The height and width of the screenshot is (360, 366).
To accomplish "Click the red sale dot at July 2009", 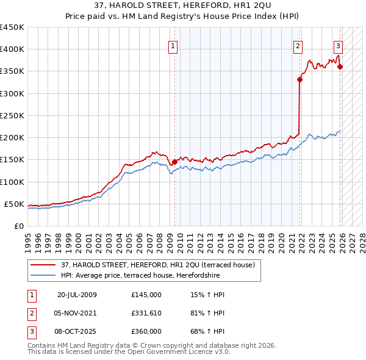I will (x=174, y=162).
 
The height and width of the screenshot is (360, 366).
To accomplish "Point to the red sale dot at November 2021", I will (x=300, y=79).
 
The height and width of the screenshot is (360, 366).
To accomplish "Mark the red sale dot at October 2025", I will (x=340, y=67).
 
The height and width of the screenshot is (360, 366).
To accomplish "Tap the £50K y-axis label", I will (x=14, y=204).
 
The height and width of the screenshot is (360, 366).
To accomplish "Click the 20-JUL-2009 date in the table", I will (x=77, y=295).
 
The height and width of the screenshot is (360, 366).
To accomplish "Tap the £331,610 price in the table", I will (x=146, y=313).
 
